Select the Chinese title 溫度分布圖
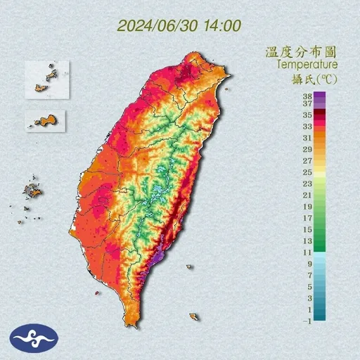click(x=299, y=52)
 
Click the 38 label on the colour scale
click(x=307, y=95)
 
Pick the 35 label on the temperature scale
click(x=307, y=114)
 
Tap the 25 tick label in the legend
click(x=307, y=172)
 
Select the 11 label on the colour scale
click(x=307, y=252)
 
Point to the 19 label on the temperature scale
click(x=307, y=207)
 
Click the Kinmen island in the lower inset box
click(x=46, y=120)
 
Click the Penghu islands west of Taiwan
click(x=32, y=190)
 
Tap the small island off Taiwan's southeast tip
click(x=193, y=317)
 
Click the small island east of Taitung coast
click(x=189, y=266)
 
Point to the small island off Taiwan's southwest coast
click(x=96, y=292)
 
